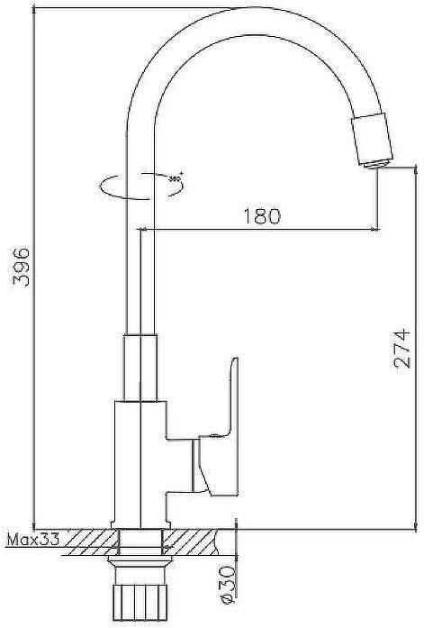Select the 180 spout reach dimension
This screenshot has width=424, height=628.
pyautogui.click(x=262, y=216)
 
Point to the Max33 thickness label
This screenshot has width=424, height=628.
pyautogui.click(x=32, y=541)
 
